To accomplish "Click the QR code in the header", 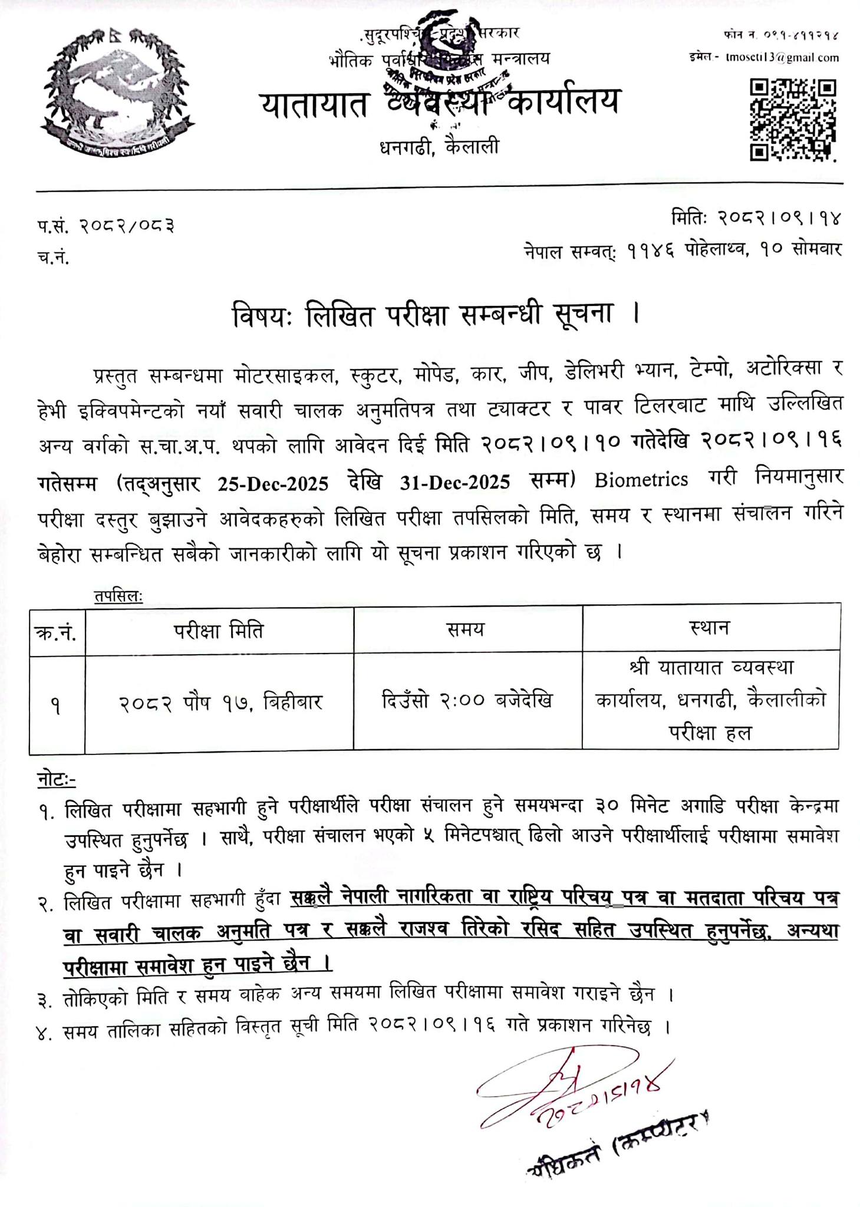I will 793,120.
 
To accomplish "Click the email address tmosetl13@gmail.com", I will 782,58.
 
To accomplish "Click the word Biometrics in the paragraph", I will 641,480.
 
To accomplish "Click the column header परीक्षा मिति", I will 219,631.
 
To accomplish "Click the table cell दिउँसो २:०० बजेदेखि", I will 467,701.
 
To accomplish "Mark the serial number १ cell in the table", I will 56,705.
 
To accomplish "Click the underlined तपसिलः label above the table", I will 118,596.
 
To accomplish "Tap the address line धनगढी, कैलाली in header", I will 439,146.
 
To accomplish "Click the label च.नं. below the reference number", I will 52,257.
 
